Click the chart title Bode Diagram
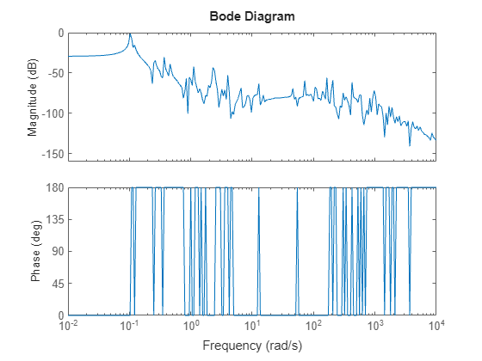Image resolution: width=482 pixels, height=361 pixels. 252,16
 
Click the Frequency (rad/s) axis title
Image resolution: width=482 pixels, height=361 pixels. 252,346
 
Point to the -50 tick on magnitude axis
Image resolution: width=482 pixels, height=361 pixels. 53,73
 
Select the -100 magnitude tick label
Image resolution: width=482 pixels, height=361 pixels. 51,113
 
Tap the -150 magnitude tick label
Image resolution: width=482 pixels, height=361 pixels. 51,154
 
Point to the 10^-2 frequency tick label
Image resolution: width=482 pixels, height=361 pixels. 69,327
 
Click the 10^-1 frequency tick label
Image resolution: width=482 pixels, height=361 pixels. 130,327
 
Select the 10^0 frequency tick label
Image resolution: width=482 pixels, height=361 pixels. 191,327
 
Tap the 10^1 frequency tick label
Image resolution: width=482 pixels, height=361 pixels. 252,327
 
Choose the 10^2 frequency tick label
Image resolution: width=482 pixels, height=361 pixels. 313,327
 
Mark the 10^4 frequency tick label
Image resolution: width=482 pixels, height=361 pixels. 436,327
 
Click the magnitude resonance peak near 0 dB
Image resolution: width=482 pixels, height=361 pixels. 130,34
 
